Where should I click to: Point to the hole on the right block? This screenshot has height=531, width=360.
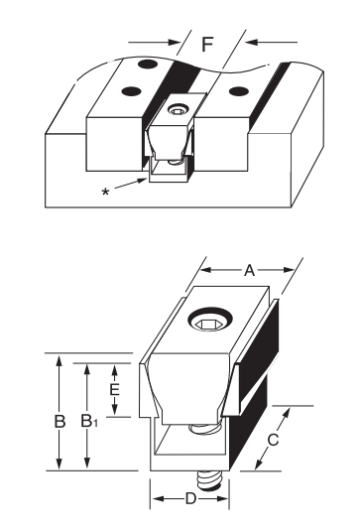[236, 92]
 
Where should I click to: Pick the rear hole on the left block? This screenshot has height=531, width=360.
[147, 65]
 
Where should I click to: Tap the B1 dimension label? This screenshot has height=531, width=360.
[91, 421]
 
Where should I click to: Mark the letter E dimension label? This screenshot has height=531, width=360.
[114, 389]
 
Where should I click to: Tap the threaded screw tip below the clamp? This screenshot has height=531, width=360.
[207, 480]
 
